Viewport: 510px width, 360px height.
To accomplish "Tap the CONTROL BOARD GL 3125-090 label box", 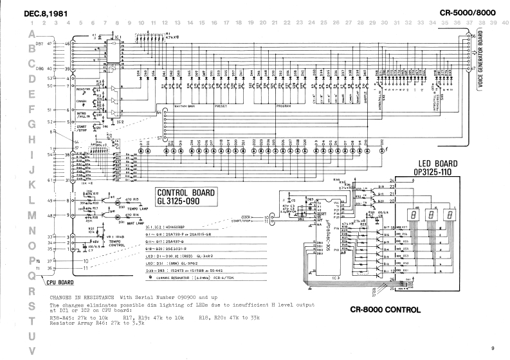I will [187, 196].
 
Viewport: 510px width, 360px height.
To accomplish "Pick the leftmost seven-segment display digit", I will [412, 215].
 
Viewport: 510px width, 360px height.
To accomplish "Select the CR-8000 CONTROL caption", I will [385, 309].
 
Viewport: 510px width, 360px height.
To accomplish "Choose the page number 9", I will [492, 348].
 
